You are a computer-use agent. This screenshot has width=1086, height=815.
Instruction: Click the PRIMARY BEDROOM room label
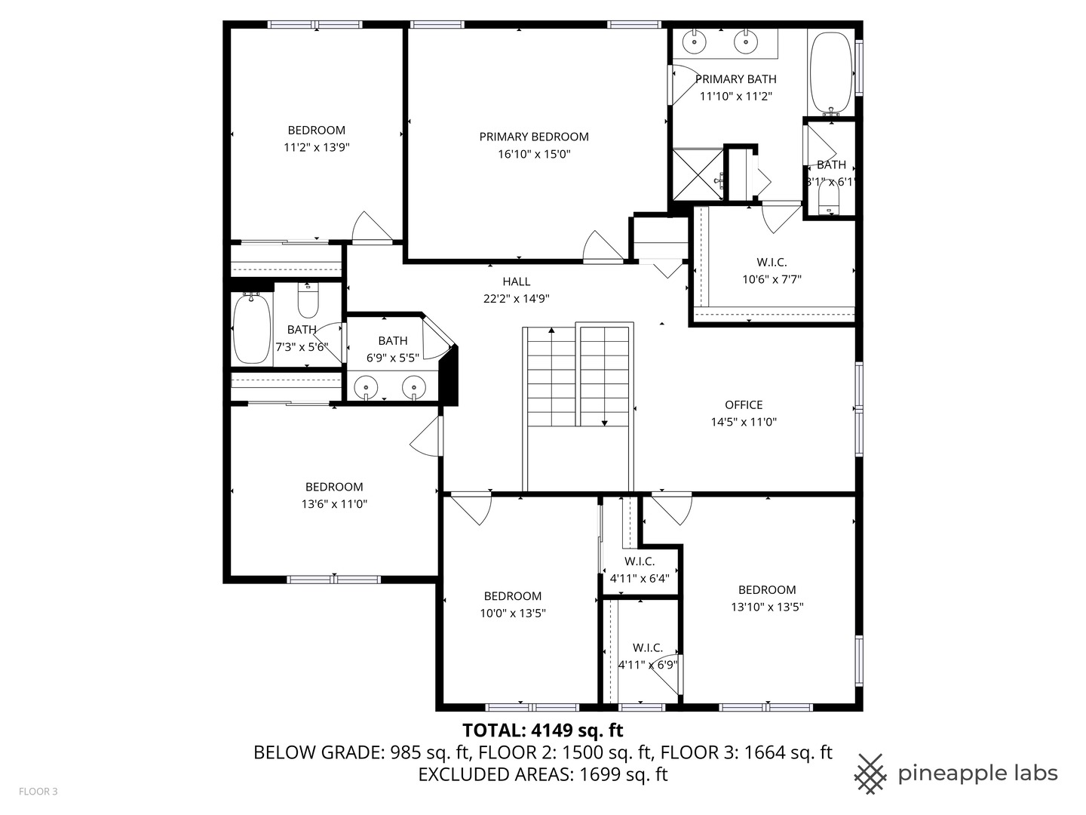(x=534, y=137)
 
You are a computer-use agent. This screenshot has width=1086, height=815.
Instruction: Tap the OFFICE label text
(x=744, y=404)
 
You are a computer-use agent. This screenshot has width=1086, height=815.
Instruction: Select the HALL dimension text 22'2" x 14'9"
(x=517, y=298)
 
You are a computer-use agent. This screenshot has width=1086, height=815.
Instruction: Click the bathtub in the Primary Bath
(x=831, y=74)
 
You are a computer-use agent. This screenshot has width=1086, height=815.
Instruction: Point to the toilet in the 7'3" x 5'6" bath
(x=308, y=300)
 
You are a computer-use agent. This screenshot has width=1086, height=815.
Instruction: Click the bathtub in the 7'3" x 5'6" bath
(x=252, y=328)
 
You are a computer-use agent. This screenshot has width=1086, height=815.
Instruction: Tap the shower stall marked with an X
(x=698, y=174)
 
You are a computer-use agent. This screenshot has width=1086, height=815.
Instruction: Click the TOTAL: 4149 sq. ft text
(x=543, y=730)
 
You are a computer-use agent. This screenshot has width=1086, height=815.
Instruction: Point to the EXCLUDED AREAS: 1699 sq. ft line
(x=543, y=774)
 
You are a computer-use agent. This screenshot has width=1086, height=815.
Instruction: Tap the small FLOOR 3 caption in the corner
(x=38, y=792)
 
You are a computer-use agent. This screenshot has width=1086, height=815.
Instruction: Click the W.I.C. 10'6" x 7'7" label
(x=772, y=271)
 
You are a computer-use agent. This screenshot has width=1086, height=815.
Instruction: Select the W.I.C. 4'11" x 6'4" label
(x=640, y=570)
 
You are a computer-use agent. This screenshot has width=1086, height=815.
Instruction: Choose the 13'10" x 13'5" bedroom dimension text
(x=768, y=607)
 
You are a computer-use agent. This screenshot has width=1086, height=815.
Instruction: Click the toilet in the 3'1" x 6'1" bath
(x=830, y=198)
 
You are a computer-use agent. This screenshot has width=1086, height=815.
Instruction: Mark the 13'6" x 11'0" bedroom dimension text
(x=334, y=504)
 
